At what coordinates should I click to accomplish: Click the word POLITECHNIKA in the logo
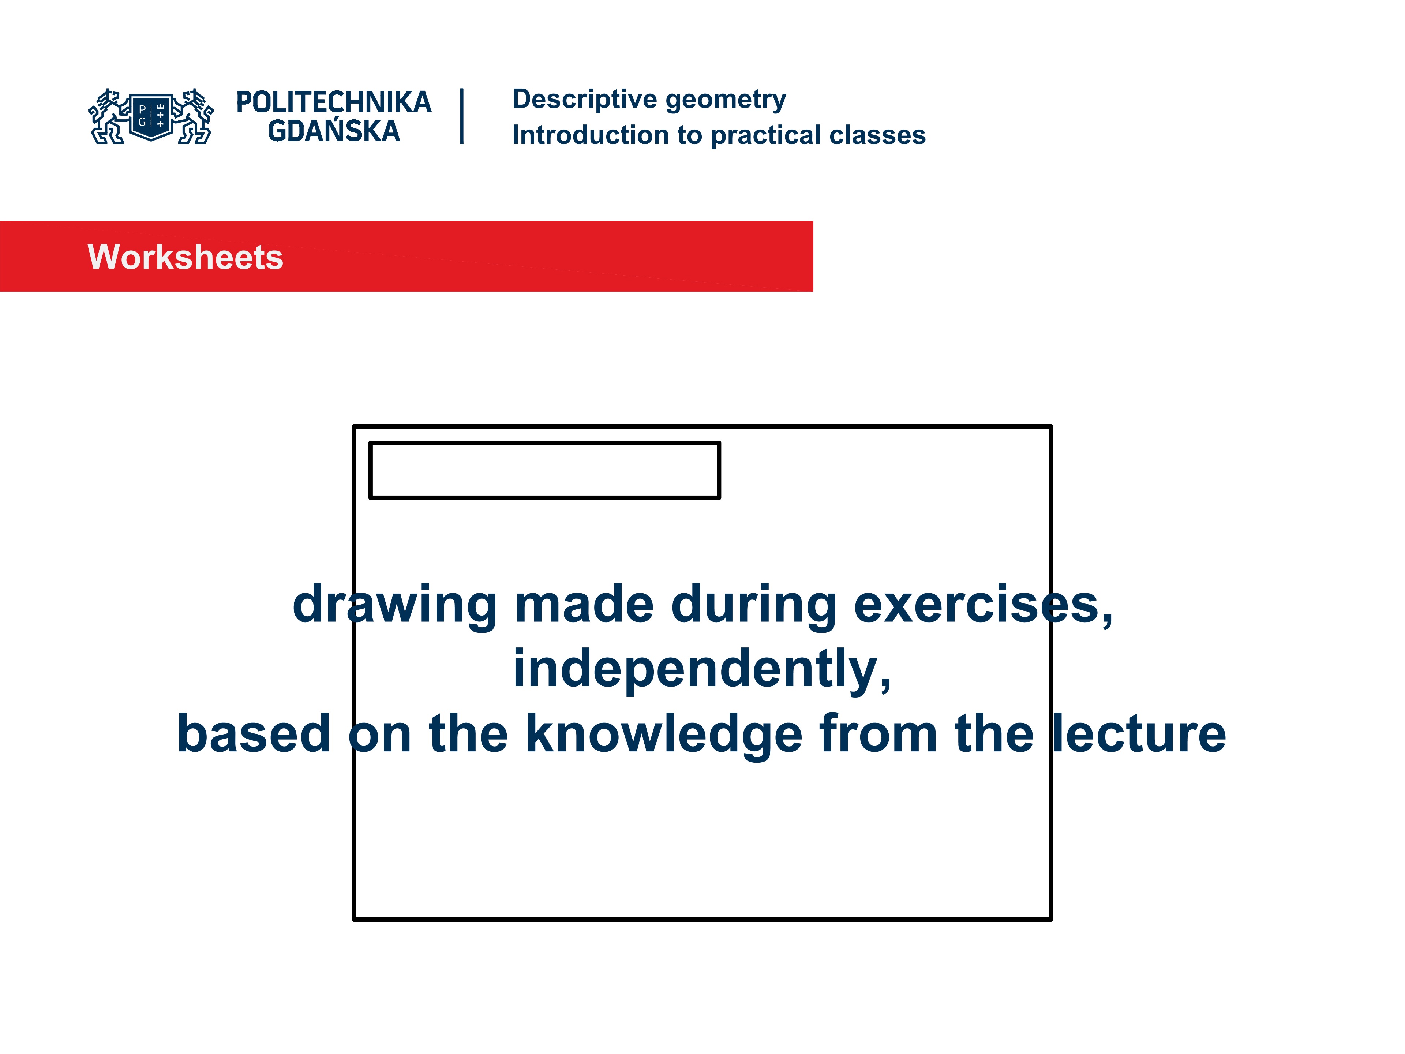[333, 102]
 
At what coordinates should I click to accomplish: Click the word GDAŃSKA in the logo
[333, 131]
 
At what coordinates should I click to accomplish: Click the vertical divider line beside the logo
[462, 116]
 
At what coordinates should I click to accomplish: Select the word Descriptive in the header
[584, 99]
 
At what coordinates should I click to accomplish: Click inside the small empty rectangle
[544, 470]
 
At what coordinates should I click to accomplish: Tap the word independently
[702, 670]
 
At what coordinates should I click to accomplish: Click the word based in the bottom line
[254, 735]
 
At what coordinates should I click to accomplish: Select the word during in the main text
[754, 605]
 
